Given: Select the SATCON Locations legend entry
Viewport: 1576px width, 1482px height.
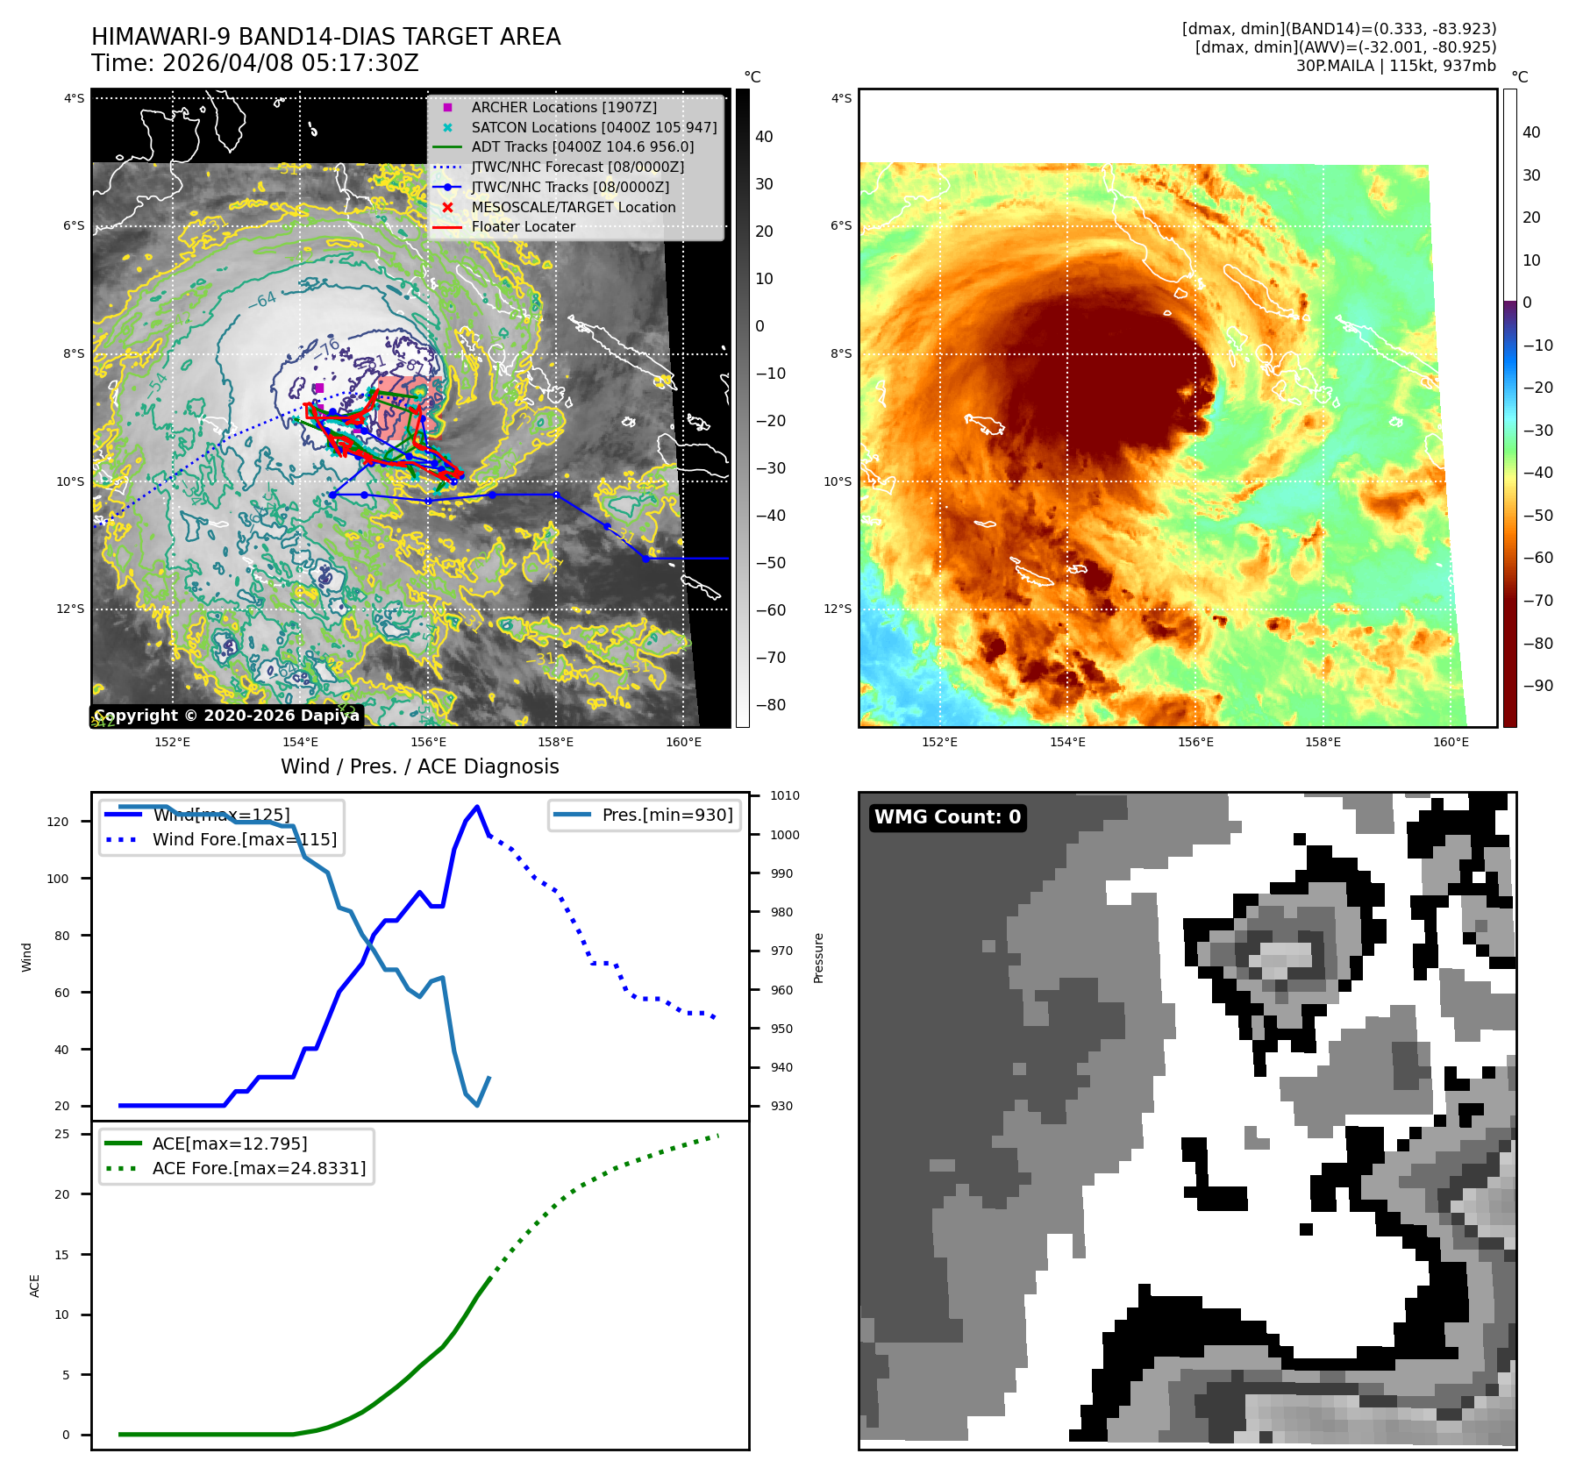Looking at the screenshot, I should coord(594,127).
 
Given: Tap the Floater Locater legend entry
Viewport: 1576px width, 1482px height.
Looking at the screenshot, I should coord(523,226).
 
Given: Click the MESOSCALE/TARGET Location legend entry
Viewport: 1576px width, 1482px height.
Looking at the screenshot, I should coord(573,207).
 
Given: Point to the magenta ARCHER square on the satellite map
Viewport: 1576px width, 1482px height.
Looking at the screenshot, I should coord(319,388).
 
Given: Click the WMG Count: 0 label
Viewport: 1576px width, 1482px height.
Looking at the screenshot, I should coord(947,817).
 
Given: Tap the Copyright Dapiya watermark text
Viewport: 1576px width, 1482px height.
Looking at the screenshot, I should coord(226,716).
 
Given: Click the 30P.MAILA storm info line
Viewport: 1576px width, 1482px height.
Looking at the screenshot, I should coord(1395,66).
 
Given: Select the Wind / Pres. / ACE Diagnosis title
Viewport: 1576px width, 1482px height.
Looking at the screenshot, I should coord(419,766).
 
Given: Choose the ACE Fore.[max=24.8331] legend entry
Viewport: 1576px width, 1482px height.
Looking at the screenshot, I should coord(259,1168).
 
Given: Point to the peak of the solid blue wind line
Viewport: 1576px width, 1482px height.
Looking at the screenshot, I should coord(477,807).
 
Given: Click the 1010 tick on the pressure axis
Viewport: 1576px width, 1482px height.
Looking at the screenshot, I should coord(784,796).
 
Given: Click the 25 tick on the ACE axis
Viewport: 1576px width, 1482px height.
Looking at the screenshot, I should coord(62,1134).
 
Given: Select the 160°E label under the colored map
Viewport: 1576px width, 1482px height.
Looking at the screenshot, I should coord(1451,742).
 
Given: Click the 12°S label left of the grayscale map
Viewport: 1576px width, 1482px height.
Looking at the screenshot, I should coord(71,609).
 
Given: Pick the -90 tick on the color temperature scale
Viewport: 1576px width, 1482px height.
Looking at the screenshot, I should coord(1537,686).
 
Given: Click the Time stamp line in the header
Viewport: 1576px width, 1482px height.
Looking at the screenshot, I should coord(255,63).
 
